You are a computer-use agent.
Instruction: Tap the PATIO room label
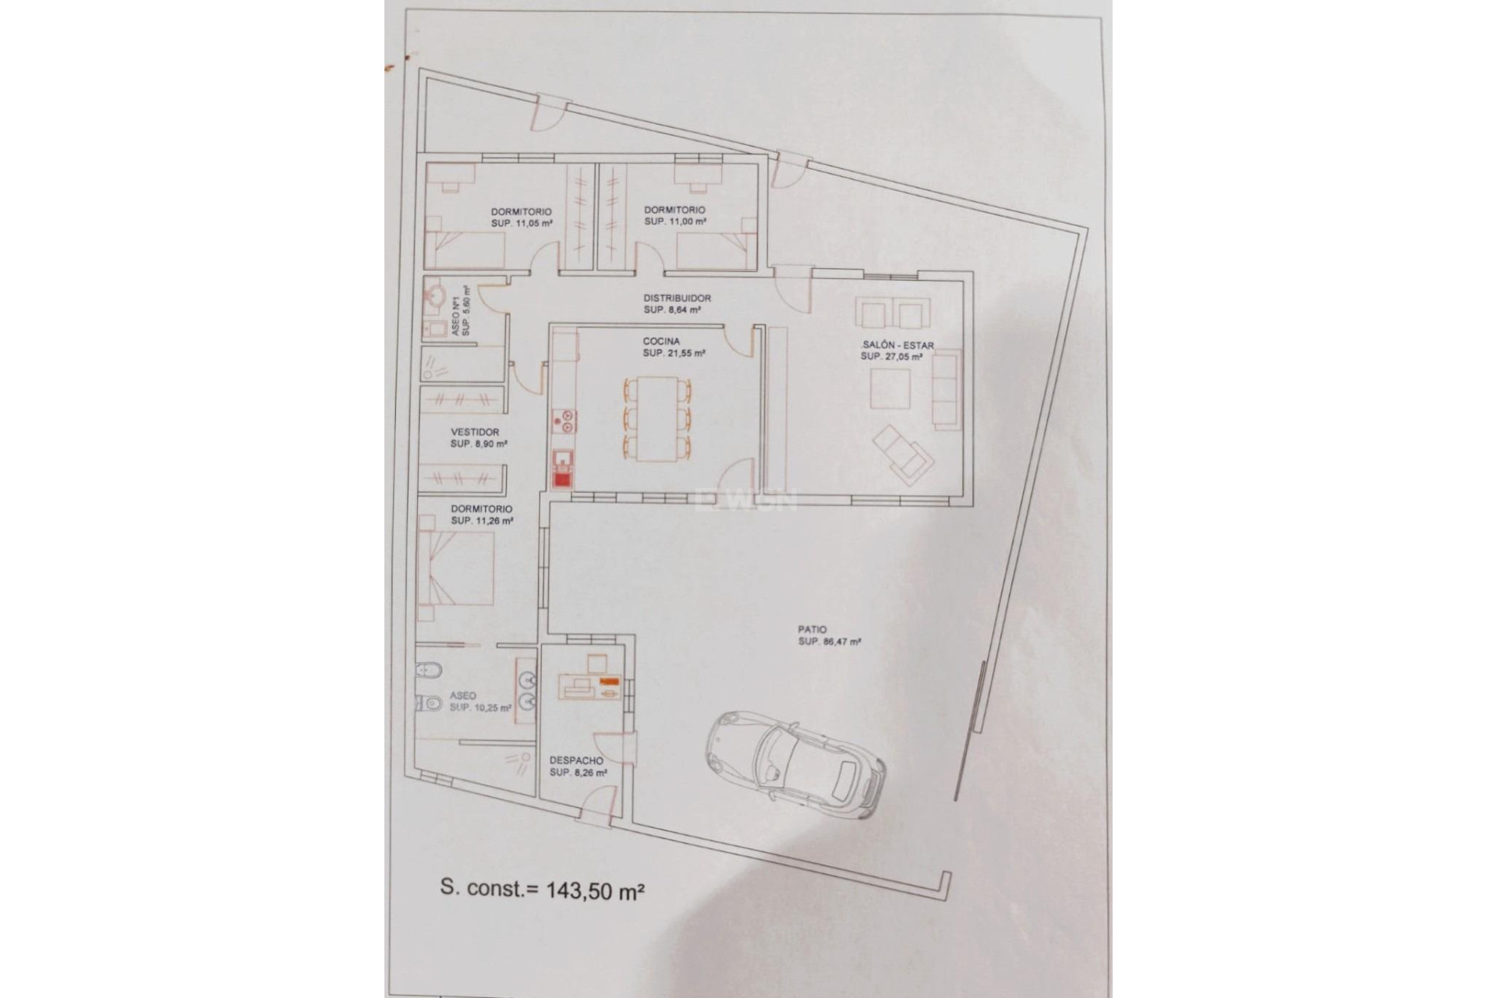point(812,629)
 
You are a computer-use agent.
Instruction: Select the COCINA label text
point(661,342)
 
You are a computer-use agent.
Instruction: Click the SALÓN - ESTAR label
point(897,345)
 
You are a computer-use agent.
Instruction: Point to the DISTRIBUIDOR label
point(677,298)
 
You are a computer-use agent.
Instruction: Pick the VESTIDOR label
point(475,432)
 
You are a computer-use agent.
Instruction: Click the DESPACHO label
point(576,760)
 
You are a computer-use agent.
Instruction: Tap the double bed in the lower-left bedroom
point(456,568)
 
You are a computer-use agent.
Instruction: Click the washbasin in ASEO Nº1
point(435,298)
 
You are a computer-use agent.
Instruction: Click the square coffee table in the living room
point(890,388)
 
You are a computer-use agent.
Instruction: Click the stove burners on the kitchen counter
point(562,422)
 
